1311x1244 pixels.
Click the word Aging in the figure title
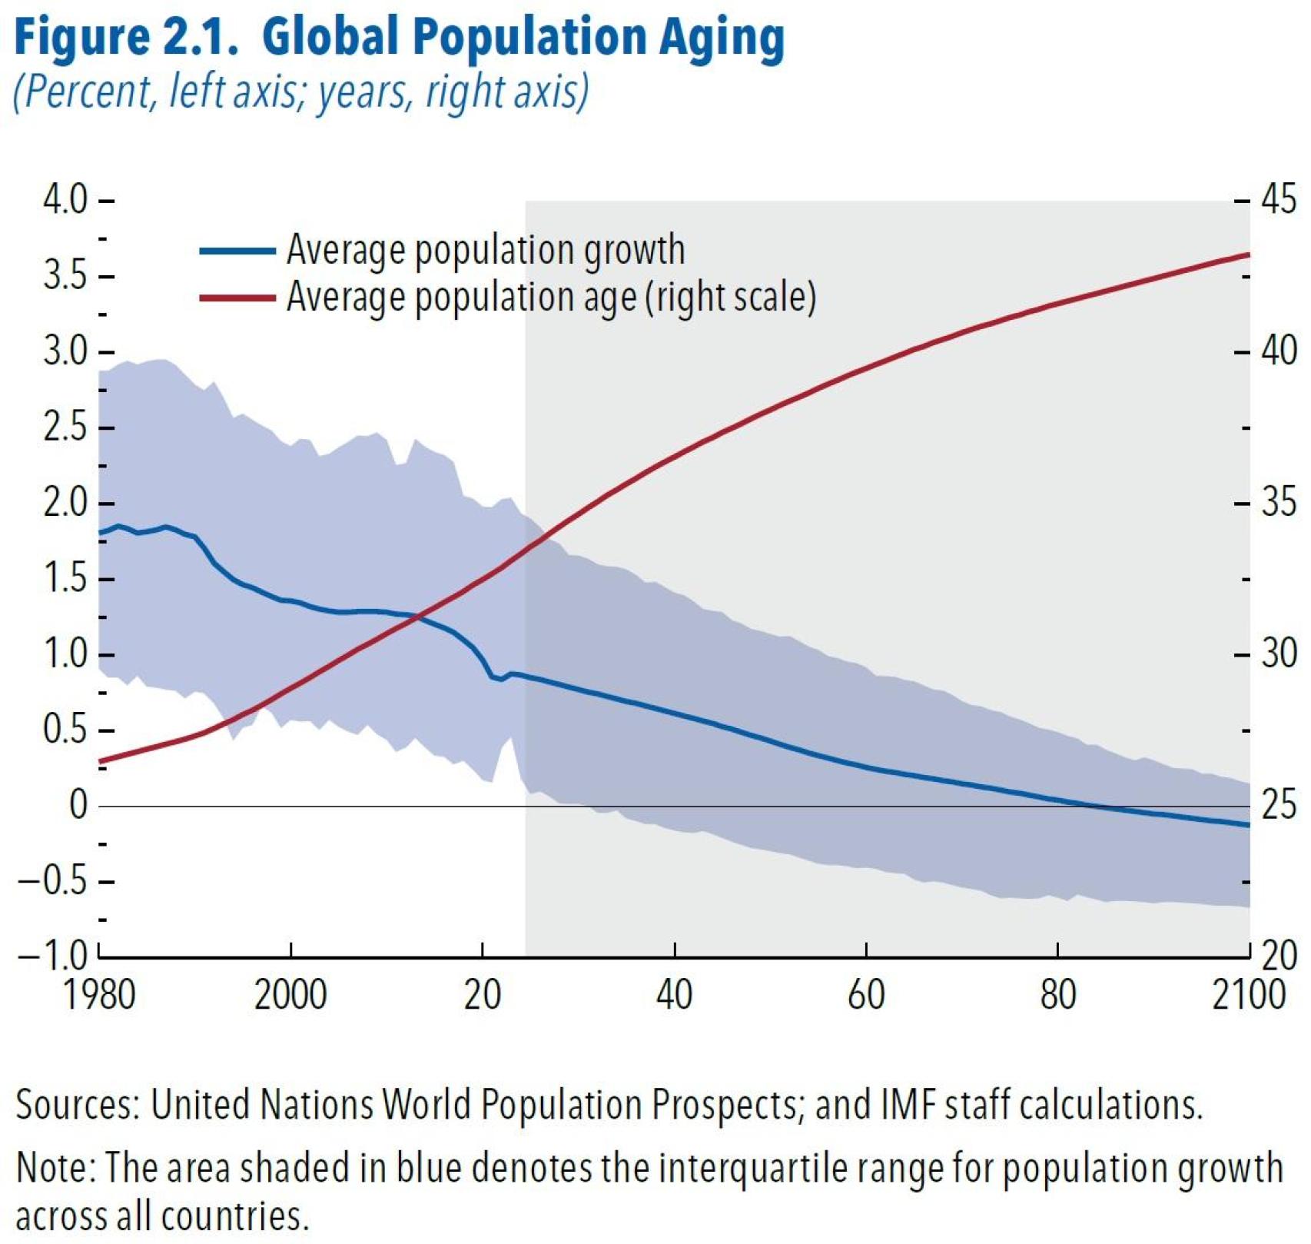coord(722,38)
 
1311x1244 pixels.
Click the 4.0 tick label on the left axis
coord(65,201)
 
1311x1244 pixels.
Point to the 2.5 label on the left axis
coord(65,427)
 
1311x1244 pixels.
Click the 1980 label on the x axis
coord(100,995)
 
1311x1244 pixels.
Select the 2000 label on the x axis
coord(290,995)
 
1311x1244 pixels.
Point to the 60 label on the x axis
coord(866,995)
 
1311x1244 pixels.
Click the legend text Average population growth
coord(485,250)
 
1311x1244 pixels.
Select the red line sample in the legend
coord(237,298)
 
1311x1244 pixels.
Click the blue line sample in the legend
coord(237,251)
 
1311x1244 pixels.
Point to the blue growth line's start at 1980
coord(101,532)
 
